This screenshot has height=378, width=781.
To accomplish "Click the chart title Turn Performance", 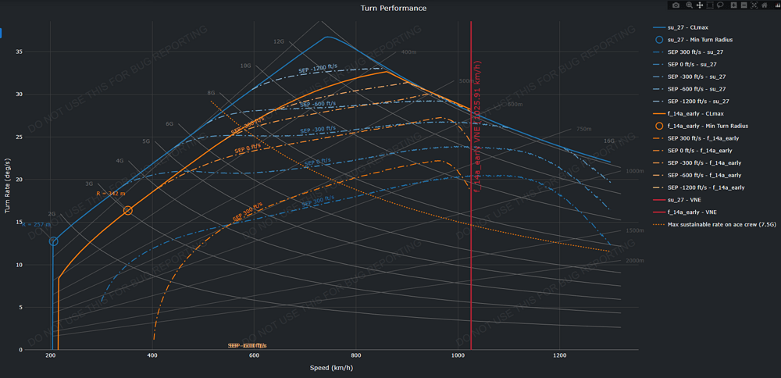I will click(394, 8).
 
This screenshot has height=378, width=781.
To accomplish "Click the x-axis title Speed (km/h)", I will click(330, 367).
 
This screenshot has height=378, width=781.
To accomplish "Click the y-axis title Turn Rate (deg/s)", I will click(8, 185).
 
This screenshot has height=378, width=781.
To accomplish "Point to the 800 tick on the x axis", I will click(356, 356).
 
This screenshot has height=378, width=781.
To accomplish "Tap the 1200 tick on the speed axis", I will click(559, 356).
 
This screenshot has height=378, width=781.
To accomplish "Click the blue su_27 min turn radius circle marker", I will click(53, 241).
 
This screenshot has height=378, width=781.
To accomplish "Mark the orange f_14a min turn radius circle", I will click(128, 211).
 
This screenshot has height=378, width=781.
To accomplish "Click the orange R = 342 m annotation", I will click(111, 193).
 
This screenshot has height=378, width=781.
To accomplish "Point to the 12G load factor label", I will click(279, 42).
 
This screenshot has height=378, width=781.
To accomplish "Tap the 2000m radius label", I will click(635, 260).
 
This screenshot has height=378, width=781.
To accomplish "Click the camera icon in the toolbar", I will click(676, 5).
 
